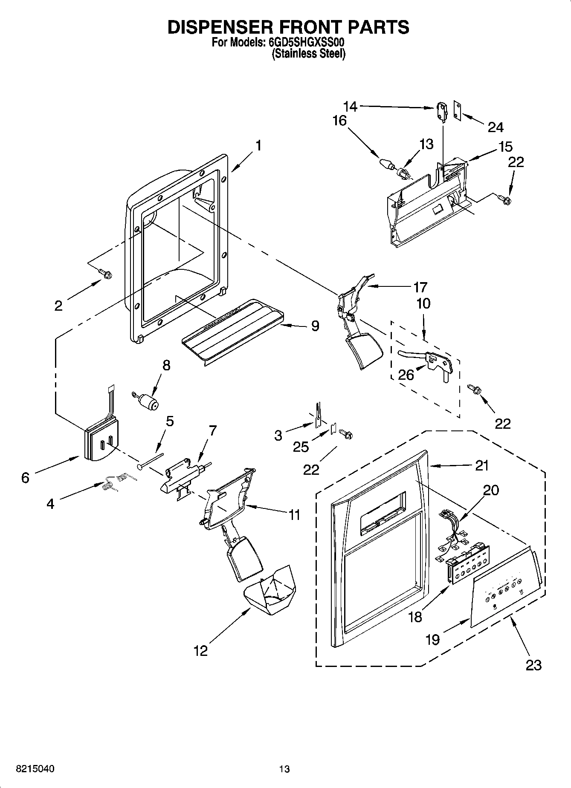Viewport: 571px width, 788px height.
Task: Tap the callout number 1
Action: pos(258,146)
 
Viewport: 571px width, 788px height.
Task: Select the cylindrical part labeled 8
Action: pos(147,401)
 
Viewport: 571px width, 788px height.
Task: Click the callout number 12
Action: pos(200,651)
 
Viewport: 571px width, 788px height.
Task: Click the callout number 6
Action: pos(25,478)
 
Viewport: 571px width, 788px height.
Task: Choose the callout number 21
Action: pos(482,465)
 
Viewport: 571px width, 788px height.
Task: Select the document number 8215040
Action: pos(35,769)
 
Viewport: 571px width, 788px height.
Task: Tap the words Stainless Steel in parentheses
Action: pos(309,54)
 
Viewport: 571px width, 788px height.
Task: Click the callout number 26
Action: pos(406,375)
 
